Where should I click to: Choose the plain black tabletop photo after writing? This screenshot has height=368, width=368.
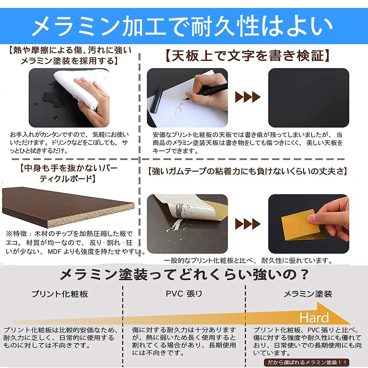point(309,98)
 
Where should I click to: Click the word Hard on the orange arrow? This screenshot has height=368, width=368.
point(314,318)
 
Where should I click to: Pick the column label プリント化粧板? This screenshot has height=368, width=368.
point(60,294)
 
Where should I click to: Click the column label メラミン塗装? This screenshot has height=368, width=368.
point(308,294)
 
